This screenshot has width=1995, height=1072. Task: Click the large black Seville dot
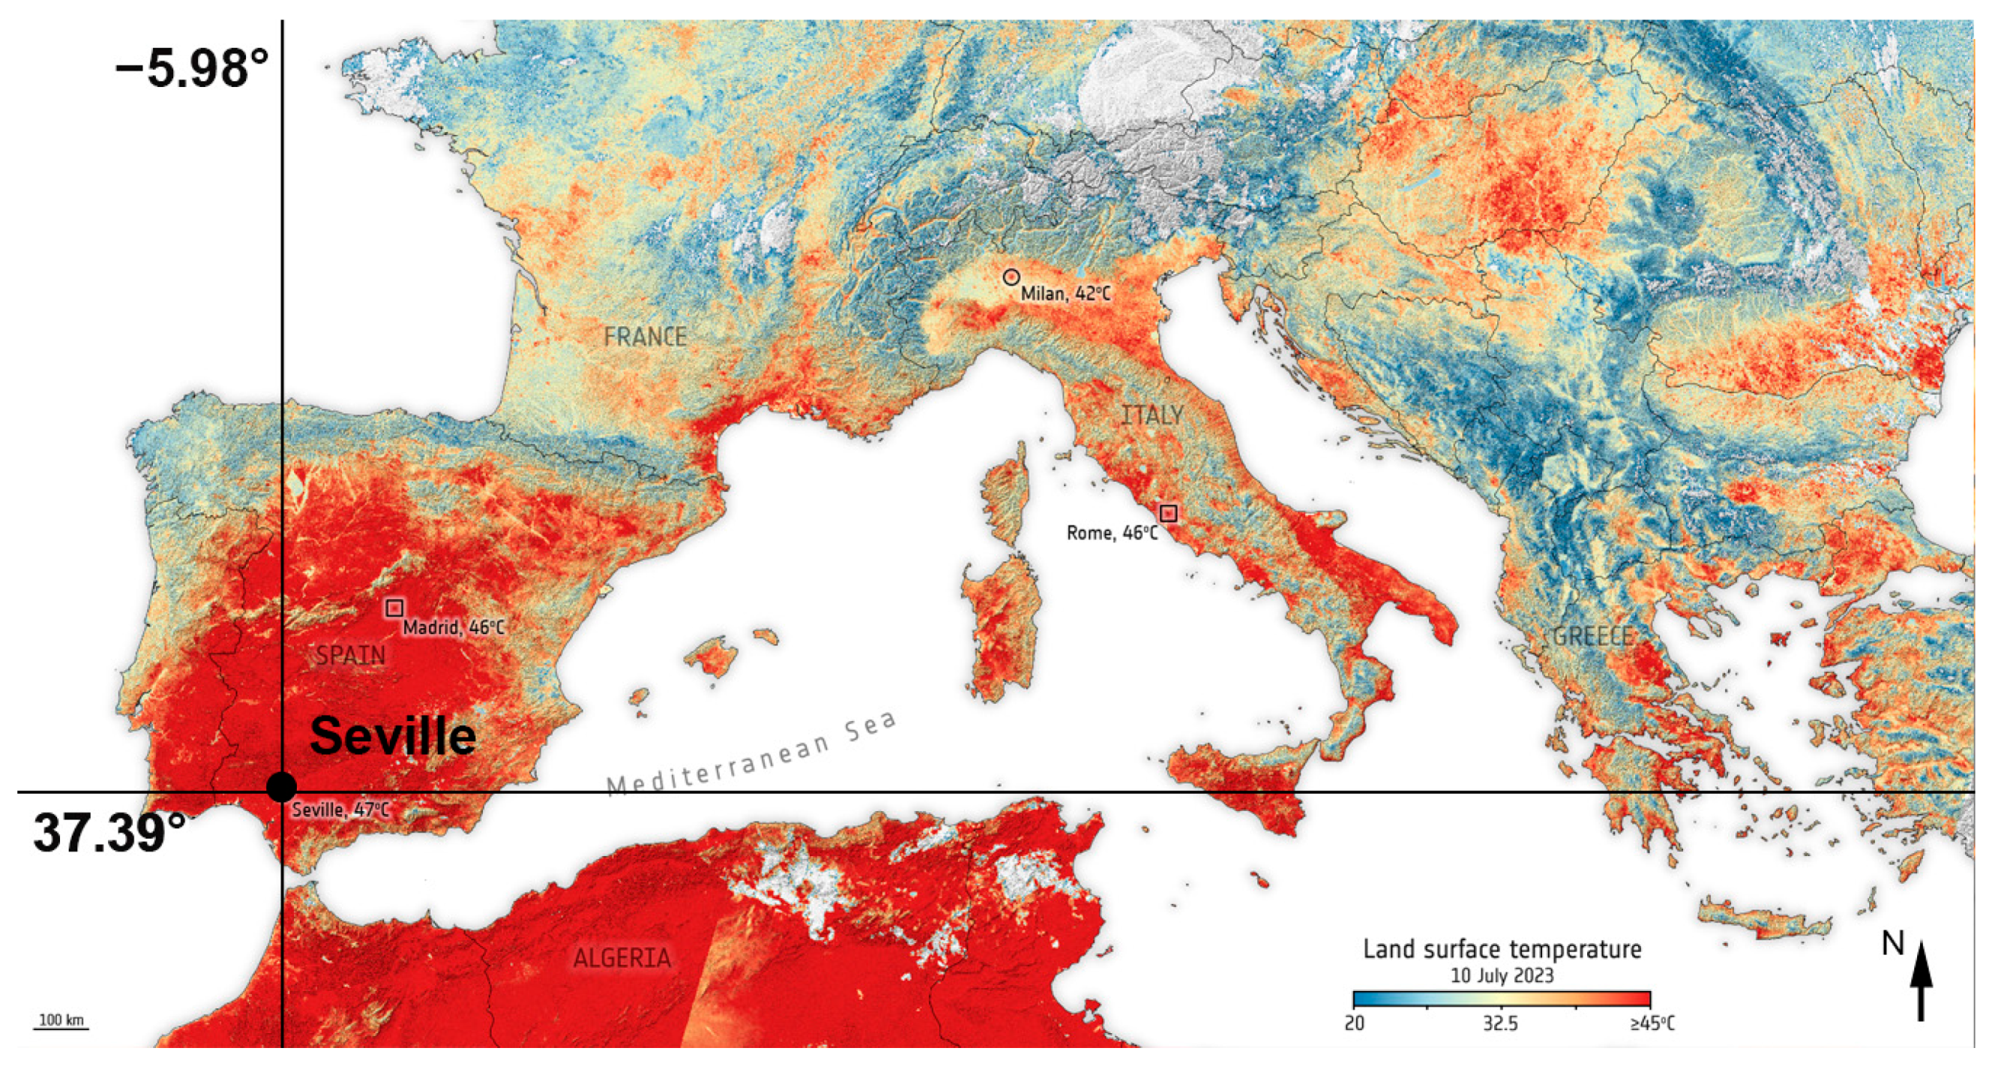coord(281,787)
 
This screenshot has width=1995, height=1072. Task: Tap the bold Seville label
coord(393,736)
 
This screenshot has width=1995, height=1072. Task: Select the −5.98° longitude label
coord(192,69)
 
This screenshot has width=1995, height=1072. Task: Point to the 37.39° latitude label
coord(109,834)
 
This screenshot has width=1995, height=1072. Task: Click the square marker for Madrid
coord(394,608)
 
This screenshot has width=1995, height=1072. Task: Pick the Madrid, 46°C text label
coord(453,627)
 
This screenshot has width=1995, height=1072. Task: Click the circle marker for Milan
coord(1011,277)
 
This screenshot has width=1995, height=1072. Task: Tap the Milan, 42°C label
coord(1065,295)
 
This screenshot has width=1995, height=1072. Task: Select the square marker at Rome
coord(1169,513)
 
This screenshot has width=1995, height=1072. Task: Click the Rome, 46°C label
coord(1112,534)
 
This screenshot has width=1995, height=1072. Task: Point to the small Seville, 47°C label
coord(340,810)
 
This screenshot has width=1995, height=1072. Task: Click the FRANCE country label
coord(645,337)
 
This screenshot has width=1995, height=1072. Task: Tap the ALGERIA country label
coord(622,959)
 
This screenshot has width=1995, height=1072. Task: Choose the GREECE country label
coord(1593,636)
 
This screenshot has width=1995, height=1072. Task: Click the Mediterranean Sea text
coord(751,755)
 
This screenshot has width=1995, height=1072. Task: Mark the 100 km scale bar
coord(61,1025)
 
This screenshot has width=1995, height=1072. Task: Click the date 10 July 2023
coord(1502,975)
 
